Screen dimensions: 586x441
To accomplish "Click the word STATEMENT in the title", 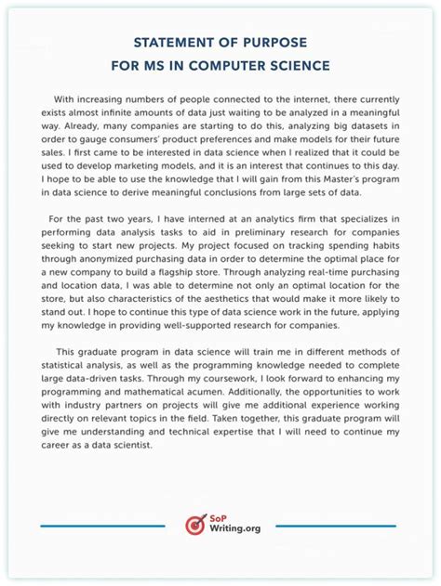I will click(173, 43).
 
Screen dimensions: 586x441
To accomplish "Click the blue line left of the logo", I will click(102, 526).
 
